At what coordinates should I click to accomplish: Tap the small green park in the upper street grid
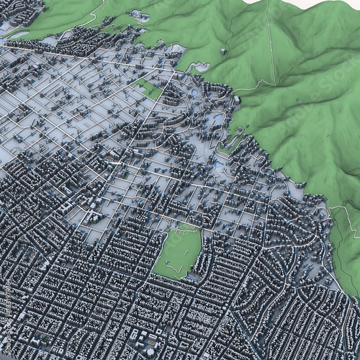(150, 89)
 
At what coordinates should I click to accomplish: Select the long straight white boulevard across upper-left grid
(72, 57)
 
